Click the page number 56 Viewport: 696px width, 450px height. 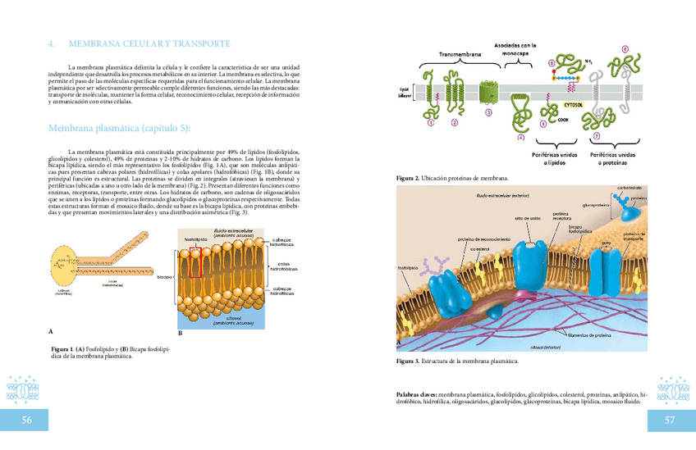click(x=27, y=420)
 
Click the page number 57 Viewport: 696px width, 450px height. click(x=669, y=420)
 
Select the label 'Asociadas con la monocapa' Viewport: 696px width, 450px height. click(x=515, y=49)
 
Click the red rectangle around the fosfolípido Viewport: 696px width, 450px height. click(x=195, y=266)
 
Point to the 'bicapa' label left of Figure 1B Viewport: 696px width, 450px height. click(x=164, y=277)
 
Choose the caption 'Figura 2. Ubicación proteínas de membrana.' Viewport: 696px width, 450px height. click(x=451, y=178)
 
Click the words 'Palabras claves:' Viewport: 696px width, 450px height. click(x=416, y=394)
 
